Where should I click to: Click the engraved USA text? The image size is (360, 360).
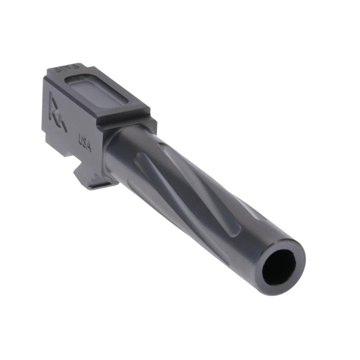(85, 143)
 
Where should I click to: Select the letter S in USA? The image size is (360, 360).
(85, 143)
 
